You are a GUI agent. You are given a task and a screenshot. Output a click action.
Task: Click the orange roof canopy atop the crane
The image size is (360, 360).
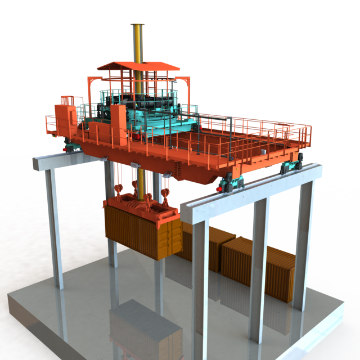coord(138,66)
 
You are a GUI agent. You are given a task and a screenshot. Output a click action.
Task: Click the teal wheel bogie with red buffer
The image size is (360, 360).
coord(231,183)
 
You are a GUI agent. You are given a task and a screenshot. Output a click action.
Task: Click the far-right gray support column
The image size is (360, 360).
coord(303,242)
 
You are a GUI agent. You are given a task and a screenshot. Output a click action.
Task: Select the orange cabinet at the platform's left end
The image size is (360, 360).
coord(66,121)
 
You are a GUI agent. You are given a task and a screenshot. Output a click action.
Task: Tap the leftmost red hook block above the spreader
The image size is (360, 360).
coord(119,191)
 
